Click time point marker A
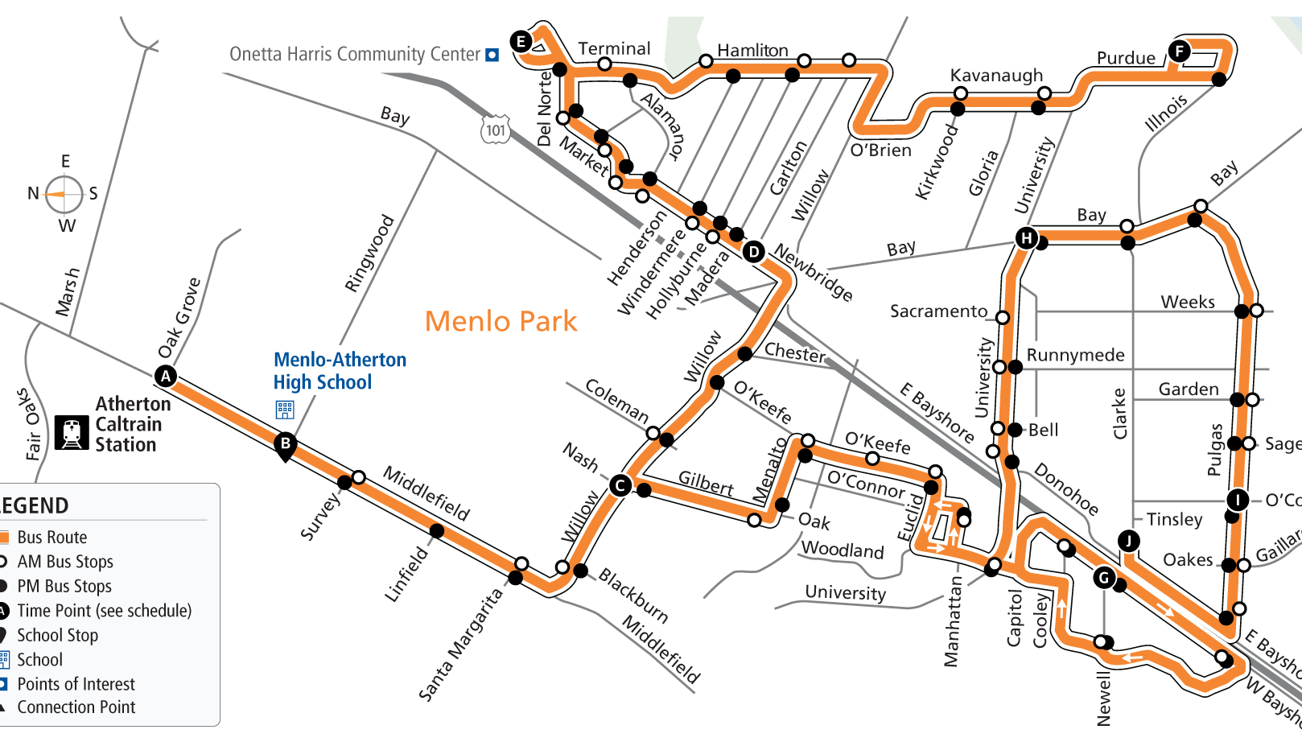(166, 376)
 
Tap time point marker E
(521, 41)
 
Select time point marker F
(1180, 52)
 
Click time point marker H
(1026, 237)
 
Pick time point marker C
(620, 485)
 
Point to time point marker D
(753, 252)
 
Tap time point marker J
(1129, 540)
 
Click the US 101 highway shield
(496, 130)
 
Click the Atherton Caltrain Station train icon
(72, 432)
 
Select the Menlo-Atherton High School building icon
(285, 410)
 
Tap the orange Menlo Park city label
(501, 321)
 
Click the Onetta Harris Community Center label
(355, 54)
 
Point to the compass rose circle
(64, 194)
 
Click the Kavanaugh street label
(996, 75)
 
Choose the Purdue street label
(1126, 58)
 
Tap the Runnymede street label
(1075, 355)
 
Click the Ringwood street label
(369, 253)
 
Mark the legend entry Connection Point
(76, 707)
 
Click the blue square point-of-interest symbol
(492, 55)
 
